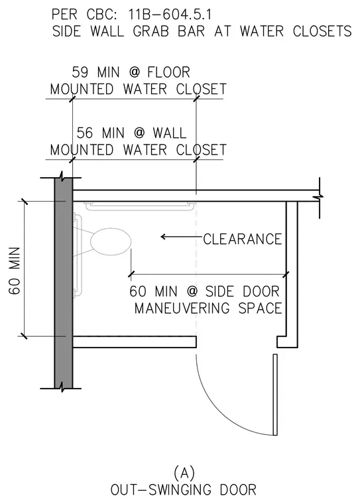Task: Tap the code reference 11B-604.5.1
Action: pos(170,15)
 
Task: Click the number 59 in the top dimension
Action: pos(80,72)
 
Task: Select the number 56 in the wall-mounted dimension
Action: pos(85,133)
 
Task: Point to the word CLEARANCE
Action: pos(243,239)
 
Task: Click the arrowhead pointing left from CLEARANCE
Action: pos(164,237)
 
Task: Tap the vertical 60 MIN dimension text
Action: pos(15,271)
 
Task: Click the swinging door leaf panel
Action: pos(275,395)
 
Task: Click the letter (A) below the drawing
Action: pos(184,473)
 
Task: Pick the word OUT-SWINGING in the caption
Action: pos(161,489)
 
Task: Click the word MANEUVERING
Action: pos(182,308)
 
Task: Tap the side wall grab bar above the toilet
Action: pos(140,206)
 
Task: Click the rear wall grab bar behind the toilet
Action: pos(78,255)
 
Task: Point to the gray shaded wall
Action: pos(64,283)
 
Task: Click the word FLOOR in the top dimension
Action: pos(169,72)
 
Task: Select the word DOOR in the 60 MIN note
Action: pos(261,291)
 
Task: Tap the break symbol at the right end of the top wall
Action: pos(320,196)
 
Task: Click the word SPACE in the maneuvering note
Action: pos(260,308)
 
